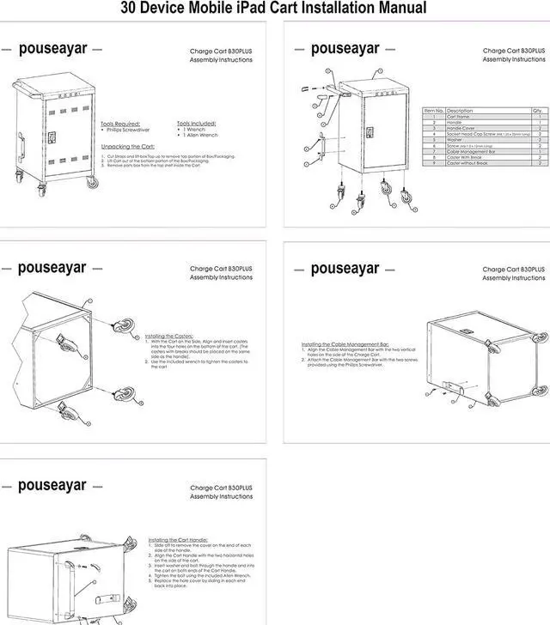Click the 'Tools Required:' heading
tap(119, 123)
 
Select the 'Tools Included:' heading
tap(196, 123)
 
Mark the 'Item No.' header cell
tap(434, 111)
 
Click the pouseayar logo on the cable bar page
tap(345, 269)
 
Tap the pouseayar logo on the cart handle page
tap(52, 486)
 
